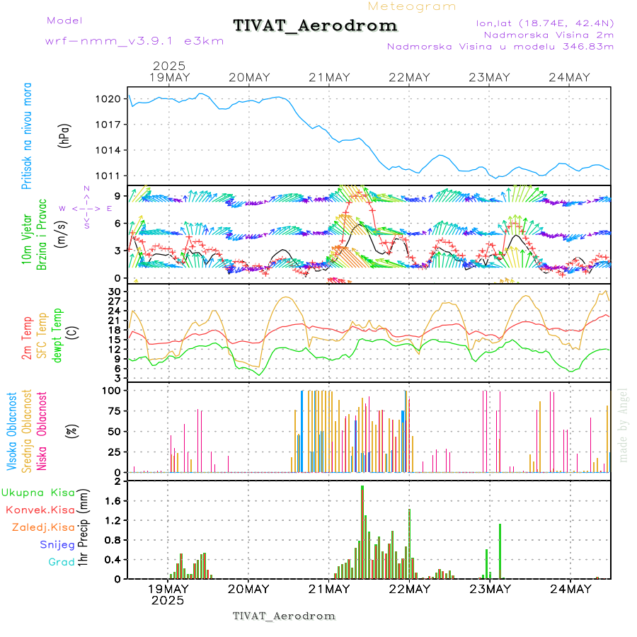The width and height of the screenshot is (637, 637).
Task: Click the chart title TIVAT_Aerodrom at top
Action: click(x=315, y=26)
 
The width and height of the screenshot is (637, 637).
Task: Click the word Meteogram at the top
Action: click(x=412, y=6)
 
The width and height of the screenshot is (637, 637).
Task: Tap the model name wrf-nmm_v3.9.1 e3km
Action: click(x=134, y=41)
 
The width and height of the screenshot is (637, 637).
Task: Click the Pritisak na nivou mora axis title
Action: click(x=26, y=136)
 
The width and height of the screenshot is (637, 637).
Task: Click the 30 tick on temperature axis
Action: click(x=115, y=291)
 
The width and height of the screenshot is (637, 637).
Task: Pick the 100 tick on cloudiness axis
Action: click(x=113, y=390)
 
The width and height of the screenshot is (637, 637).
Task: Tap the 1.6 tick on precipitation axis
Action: click(x=115, y=501)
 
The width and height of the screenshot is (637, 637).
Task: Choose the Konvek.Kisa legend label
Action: click(x=40, y=510)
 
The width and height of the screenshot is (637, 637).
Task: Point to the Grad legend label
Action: click(x=61, y=562)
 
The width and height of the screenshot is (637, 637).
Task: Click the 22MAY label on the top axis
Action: click(x=409, y=78)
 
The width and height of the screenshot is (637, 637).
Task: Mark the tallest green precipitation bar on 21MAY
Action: click(x=362, y=531)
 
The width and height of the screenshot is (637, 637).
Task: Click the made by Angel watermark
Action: click(x=624, y=425)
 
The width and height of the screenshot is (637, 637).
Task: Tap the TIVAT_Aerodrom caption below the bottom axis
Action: click(x=284, y=616)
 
